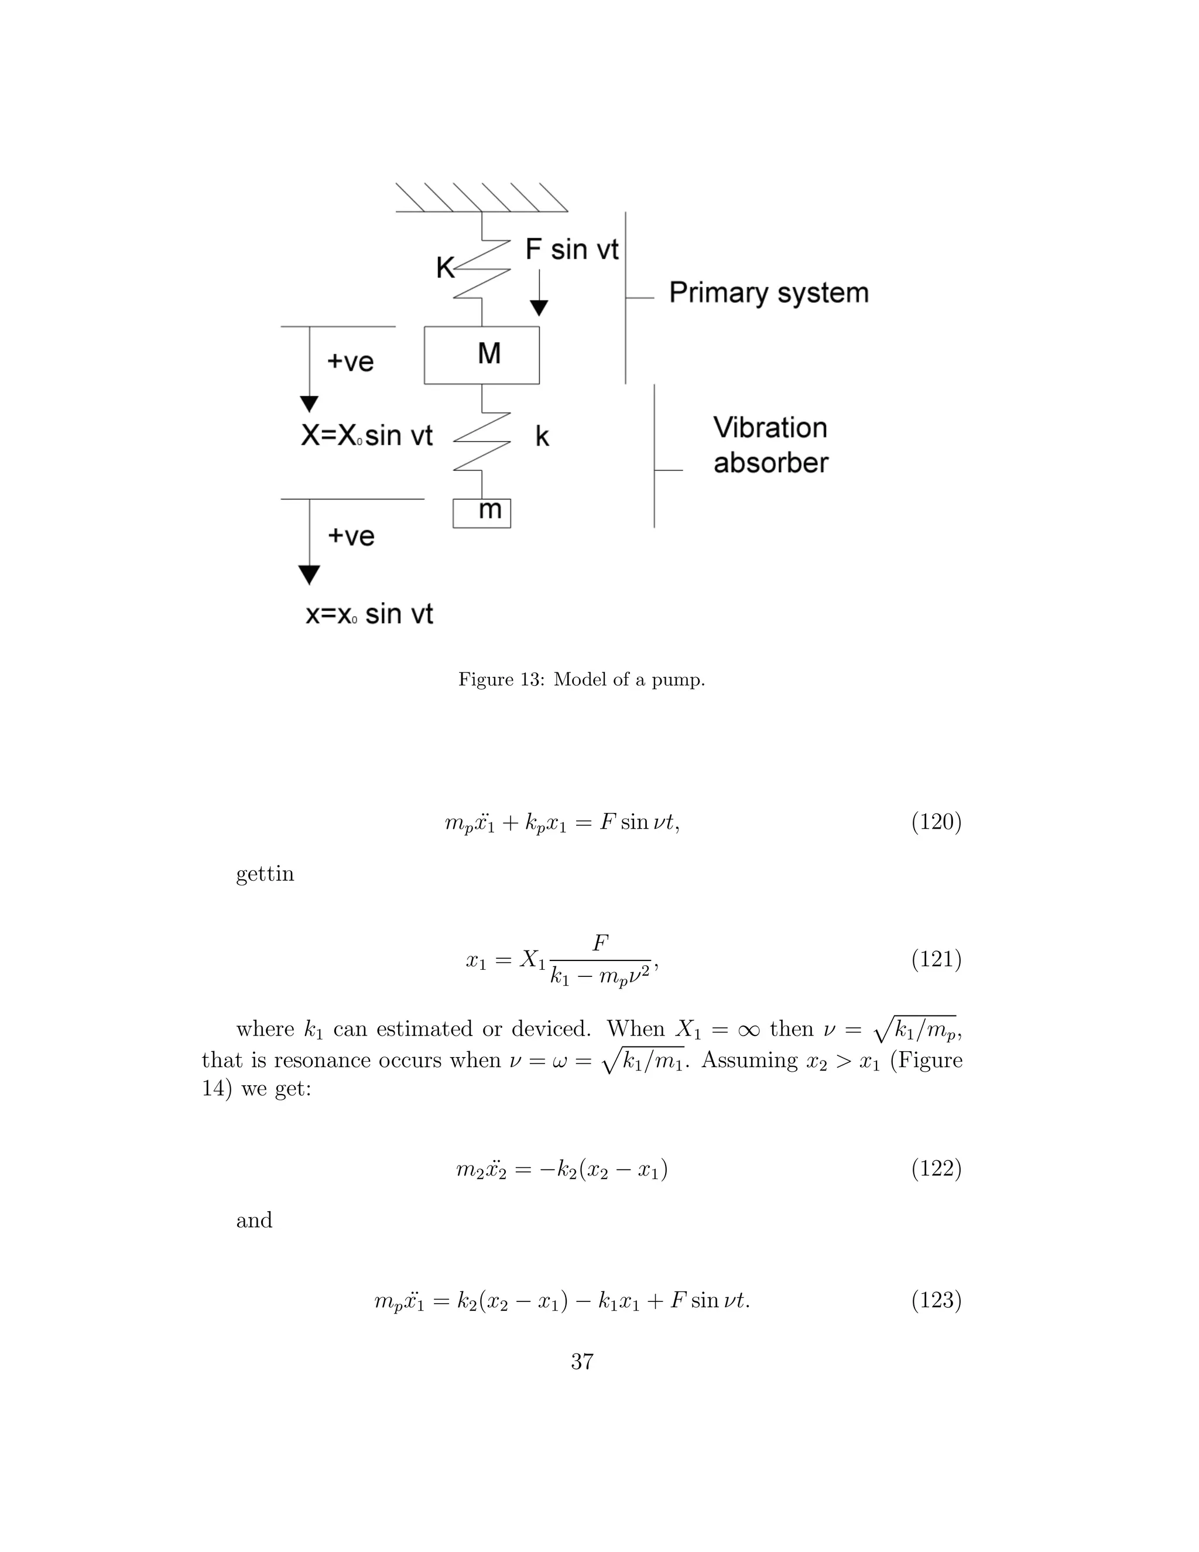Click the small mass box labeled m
[x=482, y=512]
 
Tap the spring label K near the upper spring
[x=445, y=268]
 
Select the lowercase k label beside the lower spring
[x=542, y=436]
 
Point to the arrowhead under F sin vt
[x=539, y=307]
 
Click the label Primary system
[x=769, y=293]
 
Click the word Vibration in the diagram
[x=770, y=428]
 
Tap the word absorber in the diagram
[x=770, y=463]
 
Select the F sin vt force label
[x=572, y=249]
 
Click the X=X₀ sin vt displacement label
[x=366, y=436]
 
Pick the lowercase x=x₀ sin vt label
[x=369, y=614]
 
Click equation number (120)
[x=936, y=822]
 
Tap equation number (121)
[x=936, y=959]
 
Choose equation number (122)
[x=936, y=1168]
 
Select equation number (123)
[x=936, y=1300]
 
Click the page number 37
[x=582, y=1362]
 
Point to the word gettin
[x=265, y=873]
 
